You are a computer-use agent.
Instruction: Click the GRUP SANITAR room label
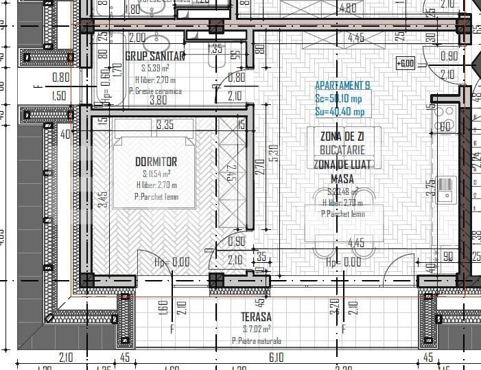coord(155,56)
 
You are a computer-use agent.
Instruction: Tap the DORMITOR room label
coord(156,161)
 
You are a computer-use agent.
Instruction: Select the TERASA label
coord(256,316)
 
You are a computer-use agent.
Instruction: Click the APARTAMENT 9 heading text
coord(342,86)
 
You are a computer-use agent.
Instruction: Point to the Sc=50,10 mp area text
coord(340,99)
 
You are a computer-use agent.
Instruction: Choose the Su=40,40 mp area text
coord(340,112)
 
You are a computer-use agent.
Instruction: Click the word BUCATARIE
coord(342,149)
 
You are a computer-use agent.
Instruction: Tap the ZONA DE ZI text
coord(342,136)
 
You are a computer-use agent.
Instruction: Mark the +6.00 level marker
coord(406,64)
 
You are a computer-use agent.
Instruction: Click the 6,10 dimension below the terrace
coord(276,357)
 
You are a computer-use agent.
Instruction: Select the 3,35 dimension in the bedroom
coord(165,125)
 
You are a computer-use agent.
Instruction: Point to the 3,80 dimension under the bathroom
coord(158,100)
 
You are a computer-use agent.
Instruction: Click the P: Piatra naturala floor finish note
coord(257,340)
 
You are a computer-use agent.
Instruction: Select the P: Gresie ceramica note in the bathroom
coord(157,90)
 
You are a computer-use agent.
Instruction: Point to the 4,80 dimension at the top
coord(348,9)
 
